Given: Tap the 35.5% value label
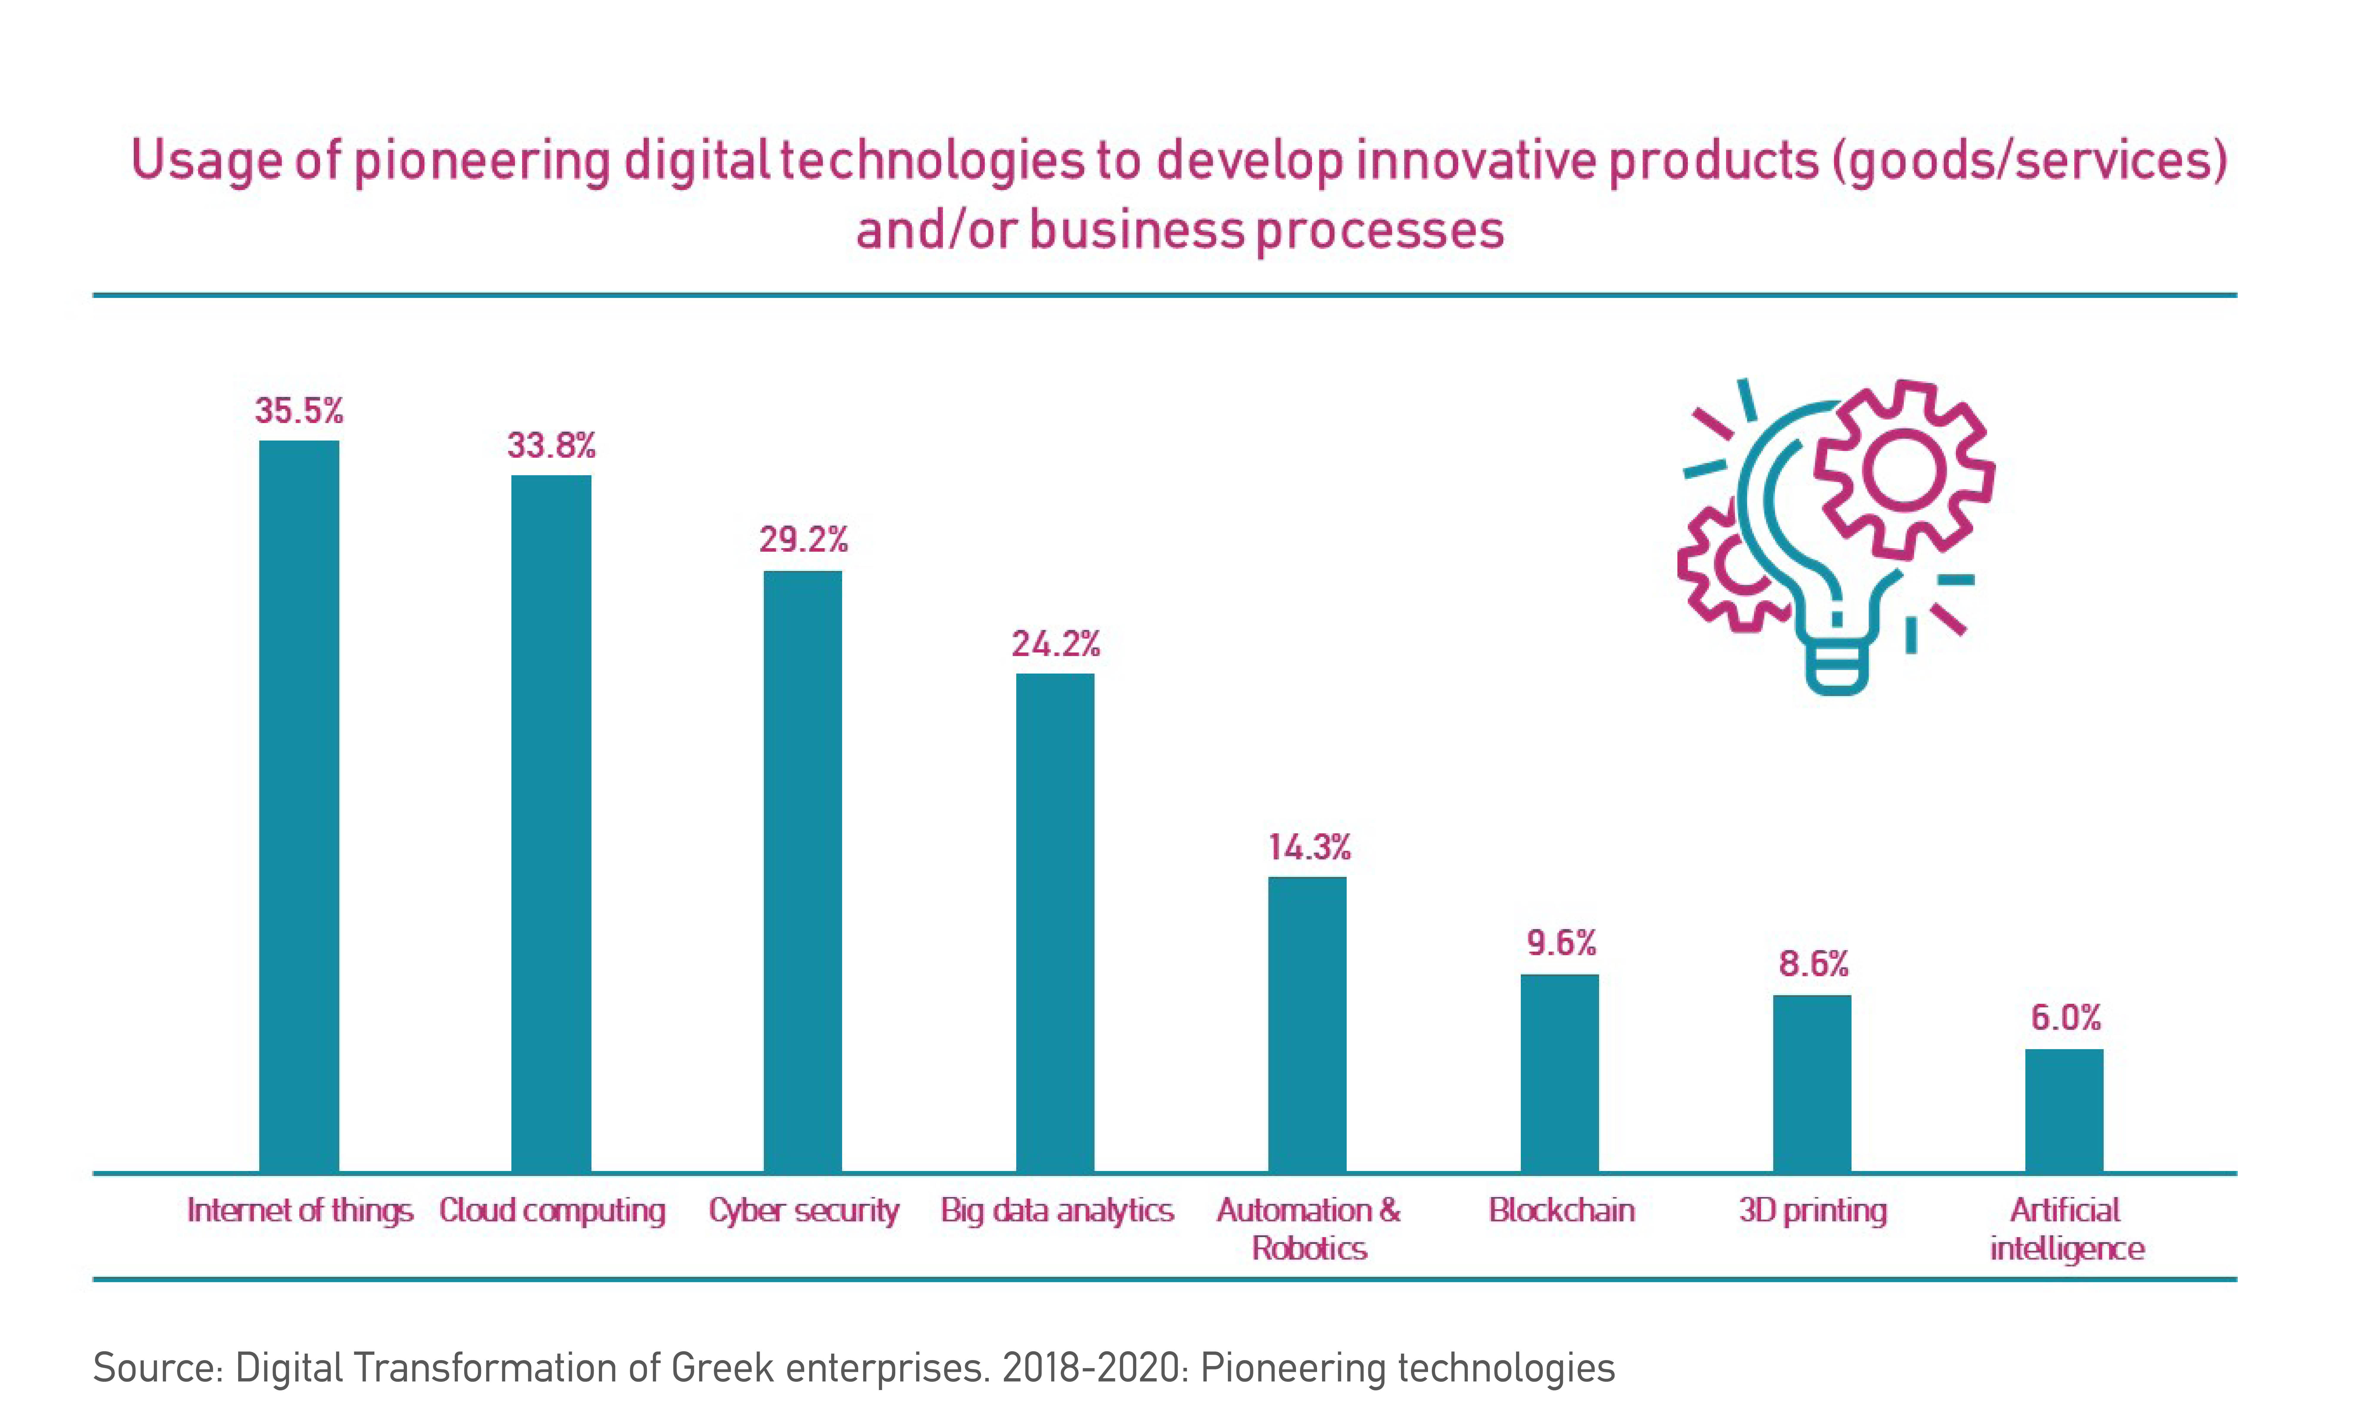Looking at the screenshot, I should tap(299, 411).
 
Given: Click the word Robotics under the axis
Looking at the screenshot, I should tap(1309, 1248).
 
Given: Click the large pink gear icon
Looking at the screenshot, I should tap(1904, 469).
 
